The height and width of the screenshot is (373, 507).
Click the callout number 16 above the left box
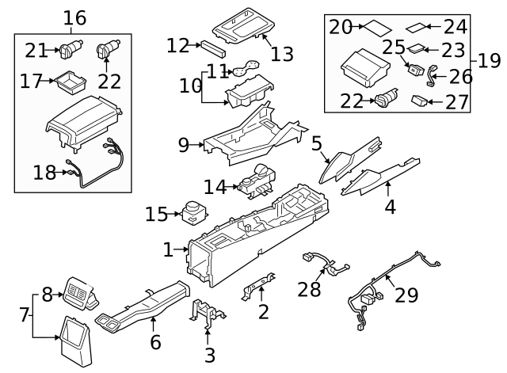[x=74, y=17]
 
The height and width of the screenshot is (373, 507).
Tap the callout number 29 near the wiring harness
[x=406, y=295]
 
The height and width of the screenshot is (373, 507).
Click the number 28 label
[x=310, y=289]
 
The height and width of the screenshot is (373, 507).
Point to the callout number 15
[x=157, y=214]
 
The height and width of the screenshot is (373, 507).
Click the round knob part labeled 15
[x=191, y=211]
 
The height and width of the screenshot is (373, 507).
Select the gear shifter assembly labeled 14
[x=257, y=183]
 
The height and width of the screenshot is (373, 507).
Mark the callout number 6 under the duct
[x=155, y=342]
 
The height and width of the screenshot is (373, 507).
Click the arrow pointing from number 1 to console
[x=180, y=249]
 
